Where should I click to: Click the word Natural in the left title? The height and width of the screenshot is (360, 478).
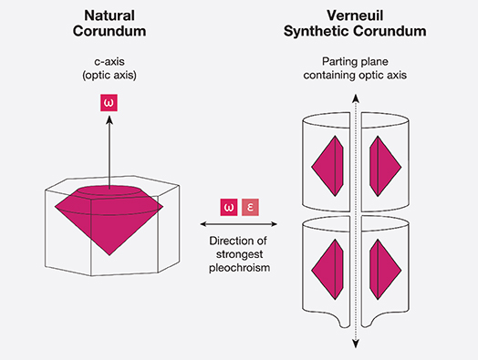[109, 15]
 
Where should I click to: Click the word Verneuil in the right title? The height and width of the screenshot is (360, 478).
[355, 15]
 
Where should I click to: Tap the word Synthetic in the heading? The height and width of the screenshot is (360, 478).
[317, 31]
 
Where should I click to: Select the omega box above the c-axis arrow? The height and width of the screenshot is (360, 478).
[109, 103]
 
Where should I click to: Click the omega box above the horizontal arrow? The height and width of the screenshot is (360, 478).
[229, 208]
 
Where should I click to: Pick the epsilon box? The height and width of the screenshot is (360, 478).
[250, 208]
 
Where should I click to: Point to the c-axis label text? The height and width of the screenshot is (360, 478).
[109, 62]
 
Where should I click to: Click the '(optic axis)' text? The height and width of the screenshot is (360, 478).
[109, 75]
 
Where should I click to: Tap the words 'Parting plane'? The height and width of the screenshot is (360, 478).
[355, 62]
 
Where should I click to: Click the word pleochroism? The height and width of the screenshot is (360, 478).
[239, 268]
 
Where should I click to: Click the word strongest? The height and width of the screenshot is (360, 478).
[239, 254]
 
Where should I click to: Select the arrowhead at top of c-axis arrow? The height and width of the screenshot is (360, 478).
[109, 119]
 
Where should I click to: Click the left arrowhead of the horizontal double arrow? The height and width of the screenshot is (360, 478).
[204, 224]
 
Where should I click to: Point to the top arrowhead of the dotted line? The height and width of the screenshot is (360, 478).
[356, 98]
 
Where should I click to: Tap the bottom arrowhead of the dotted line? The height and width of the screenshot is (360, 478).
[356, 345]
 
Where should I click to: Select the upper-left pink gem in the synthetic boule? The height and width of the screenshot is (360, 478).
[327, 166]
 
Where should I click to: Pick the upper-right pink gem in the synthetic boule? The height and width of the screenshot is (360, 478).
[385, 166]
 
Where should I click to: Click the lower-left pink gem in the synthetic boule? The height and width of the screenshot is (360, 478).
[327, 270]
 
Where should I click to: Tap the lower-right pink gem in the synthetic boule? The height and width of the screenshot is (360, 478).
[385, 270]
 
